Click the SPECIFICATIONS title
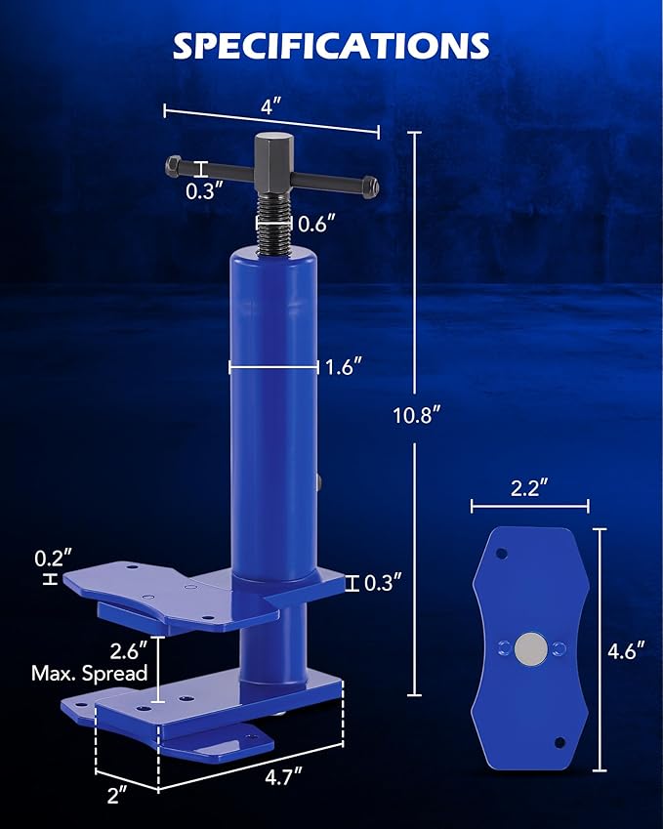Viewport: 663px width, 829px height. pos(331,46)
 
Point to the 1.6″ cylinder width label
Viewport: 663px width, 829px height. pos(344,367)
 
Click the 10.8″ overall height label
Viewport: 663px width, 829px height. pos(415,414)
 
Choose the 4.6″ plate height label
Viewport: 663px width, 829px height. pos(625,650)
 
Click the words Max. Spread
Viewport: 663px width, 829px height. pos(90,673)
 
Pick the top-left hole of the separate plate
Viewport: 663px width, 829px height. pos(502,554)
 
